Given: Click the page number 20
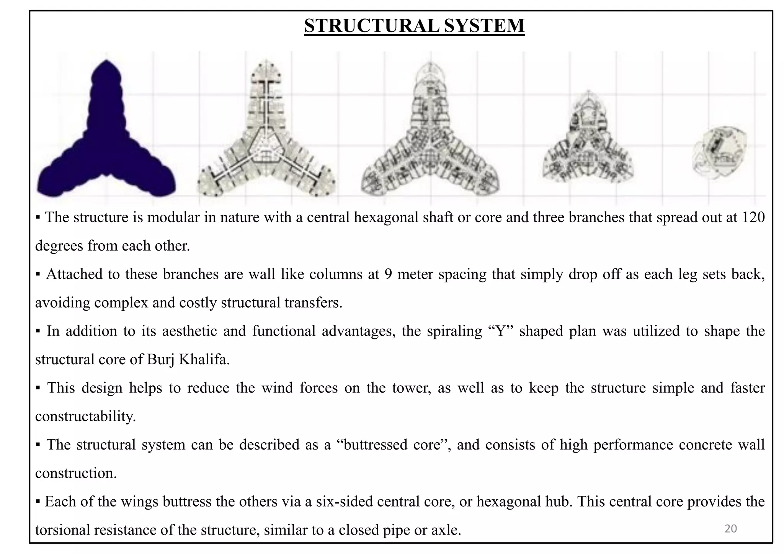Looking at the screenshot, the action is [x=731, y=529].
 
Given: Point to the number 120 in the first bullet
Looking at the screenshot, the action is [x=753, y=217].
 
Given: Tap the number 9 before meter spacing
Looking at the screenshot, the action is [x=388, y=274].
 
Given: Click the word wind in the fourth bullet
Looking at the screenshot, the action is [x=277, y=388].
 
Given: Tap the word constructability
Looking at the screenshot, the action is [x=85, y=416].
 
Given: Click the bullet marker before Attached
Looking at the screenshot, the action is [x=38, y=274].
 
